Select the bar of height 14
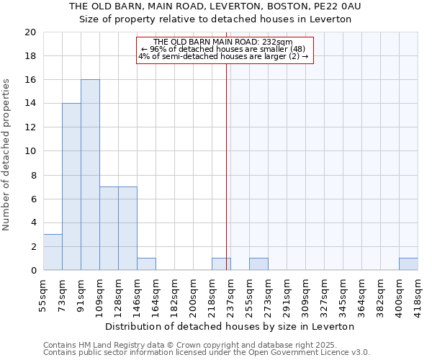coord(71,187)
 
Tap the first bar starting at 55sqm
coord(53,252)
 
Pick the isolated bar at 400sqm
coord(408,264)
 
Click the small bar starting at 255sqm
coord(258,264)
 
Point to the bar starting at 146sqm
coord(146,264)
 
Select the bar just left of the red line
coord(221,264)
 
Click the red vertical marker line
coord(227,180)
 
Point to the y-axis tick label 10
coord(30,151)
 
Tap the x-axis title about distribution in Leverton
coord(230,326)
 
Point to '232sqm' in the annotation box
coord(278,42)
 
